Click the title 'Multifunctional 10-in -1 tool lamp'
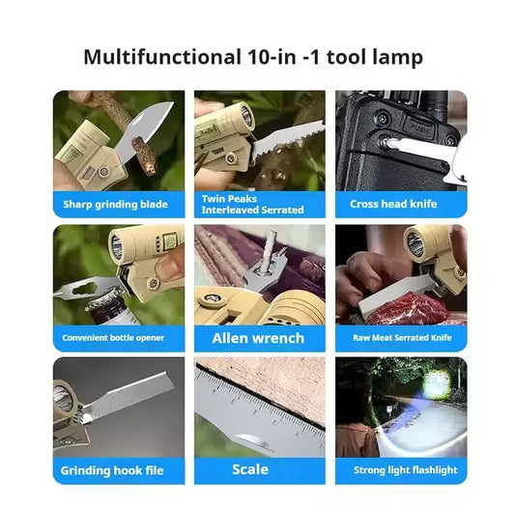(253, 57)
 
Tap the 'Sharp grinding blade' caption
(115, 204)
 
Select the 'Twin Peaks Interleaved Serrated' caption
(252, 204)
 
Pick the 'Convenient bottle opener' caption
(114, 338)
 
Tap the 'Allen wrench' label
(258, 338)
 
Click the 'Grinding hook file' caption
(113, 470)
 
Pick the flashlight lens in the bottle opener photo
(117, 246)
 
